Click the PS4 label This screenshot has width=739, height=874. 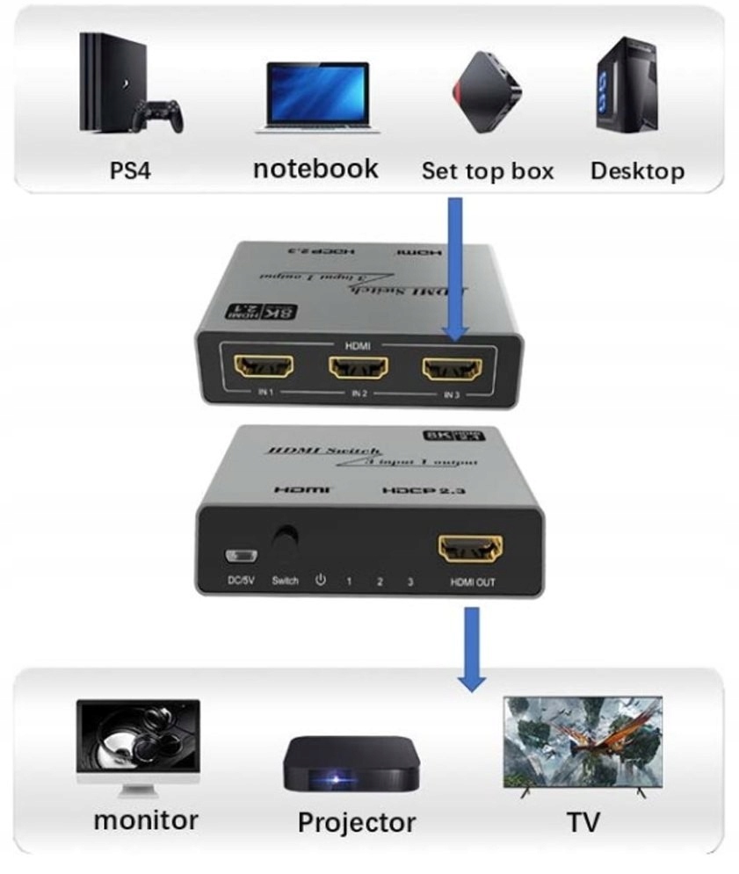pos(130,169)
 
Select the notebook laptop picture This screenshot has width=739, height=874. pos(316,97)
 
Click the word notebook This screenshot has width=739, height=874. pos(315,168)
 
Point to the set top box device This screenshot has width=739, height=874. pos(487,92)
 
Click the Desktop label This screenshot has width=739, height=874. pos(637,170)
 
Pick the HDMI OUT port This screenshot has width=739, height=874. pos(471,550)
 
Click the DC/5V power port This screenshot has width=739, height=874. pos(238,556)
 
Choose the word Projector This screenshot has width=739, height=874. pos(356,823)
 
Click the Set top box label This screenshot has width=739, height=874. pos(488,170)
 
